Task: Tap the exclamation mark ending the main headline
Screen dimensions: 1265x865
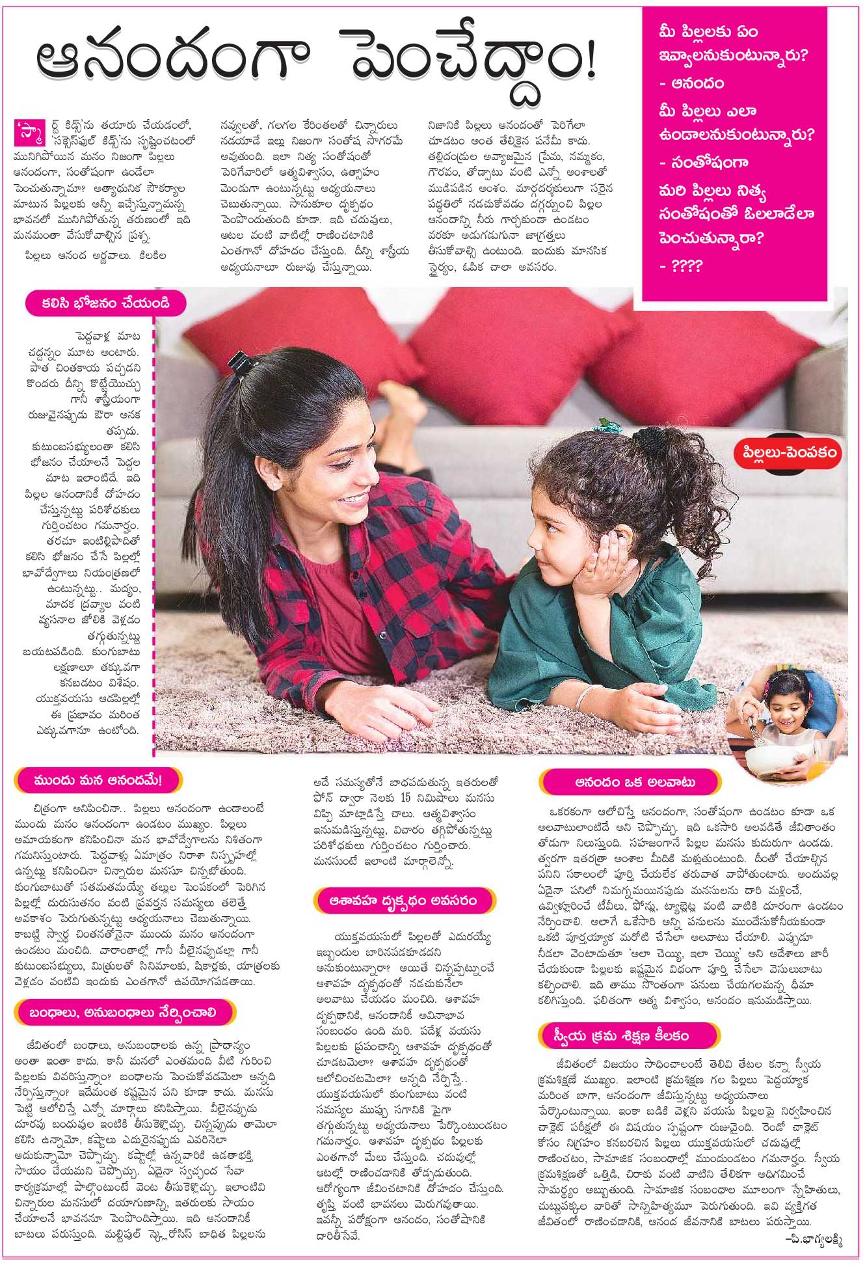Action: click(588, 64)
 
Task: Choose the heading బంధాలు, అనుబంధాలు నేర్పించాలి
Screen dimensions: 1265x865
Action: click(124, 1013)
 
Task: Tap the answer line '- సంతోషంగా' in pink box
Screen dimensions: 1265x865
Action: click(702, 162)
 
